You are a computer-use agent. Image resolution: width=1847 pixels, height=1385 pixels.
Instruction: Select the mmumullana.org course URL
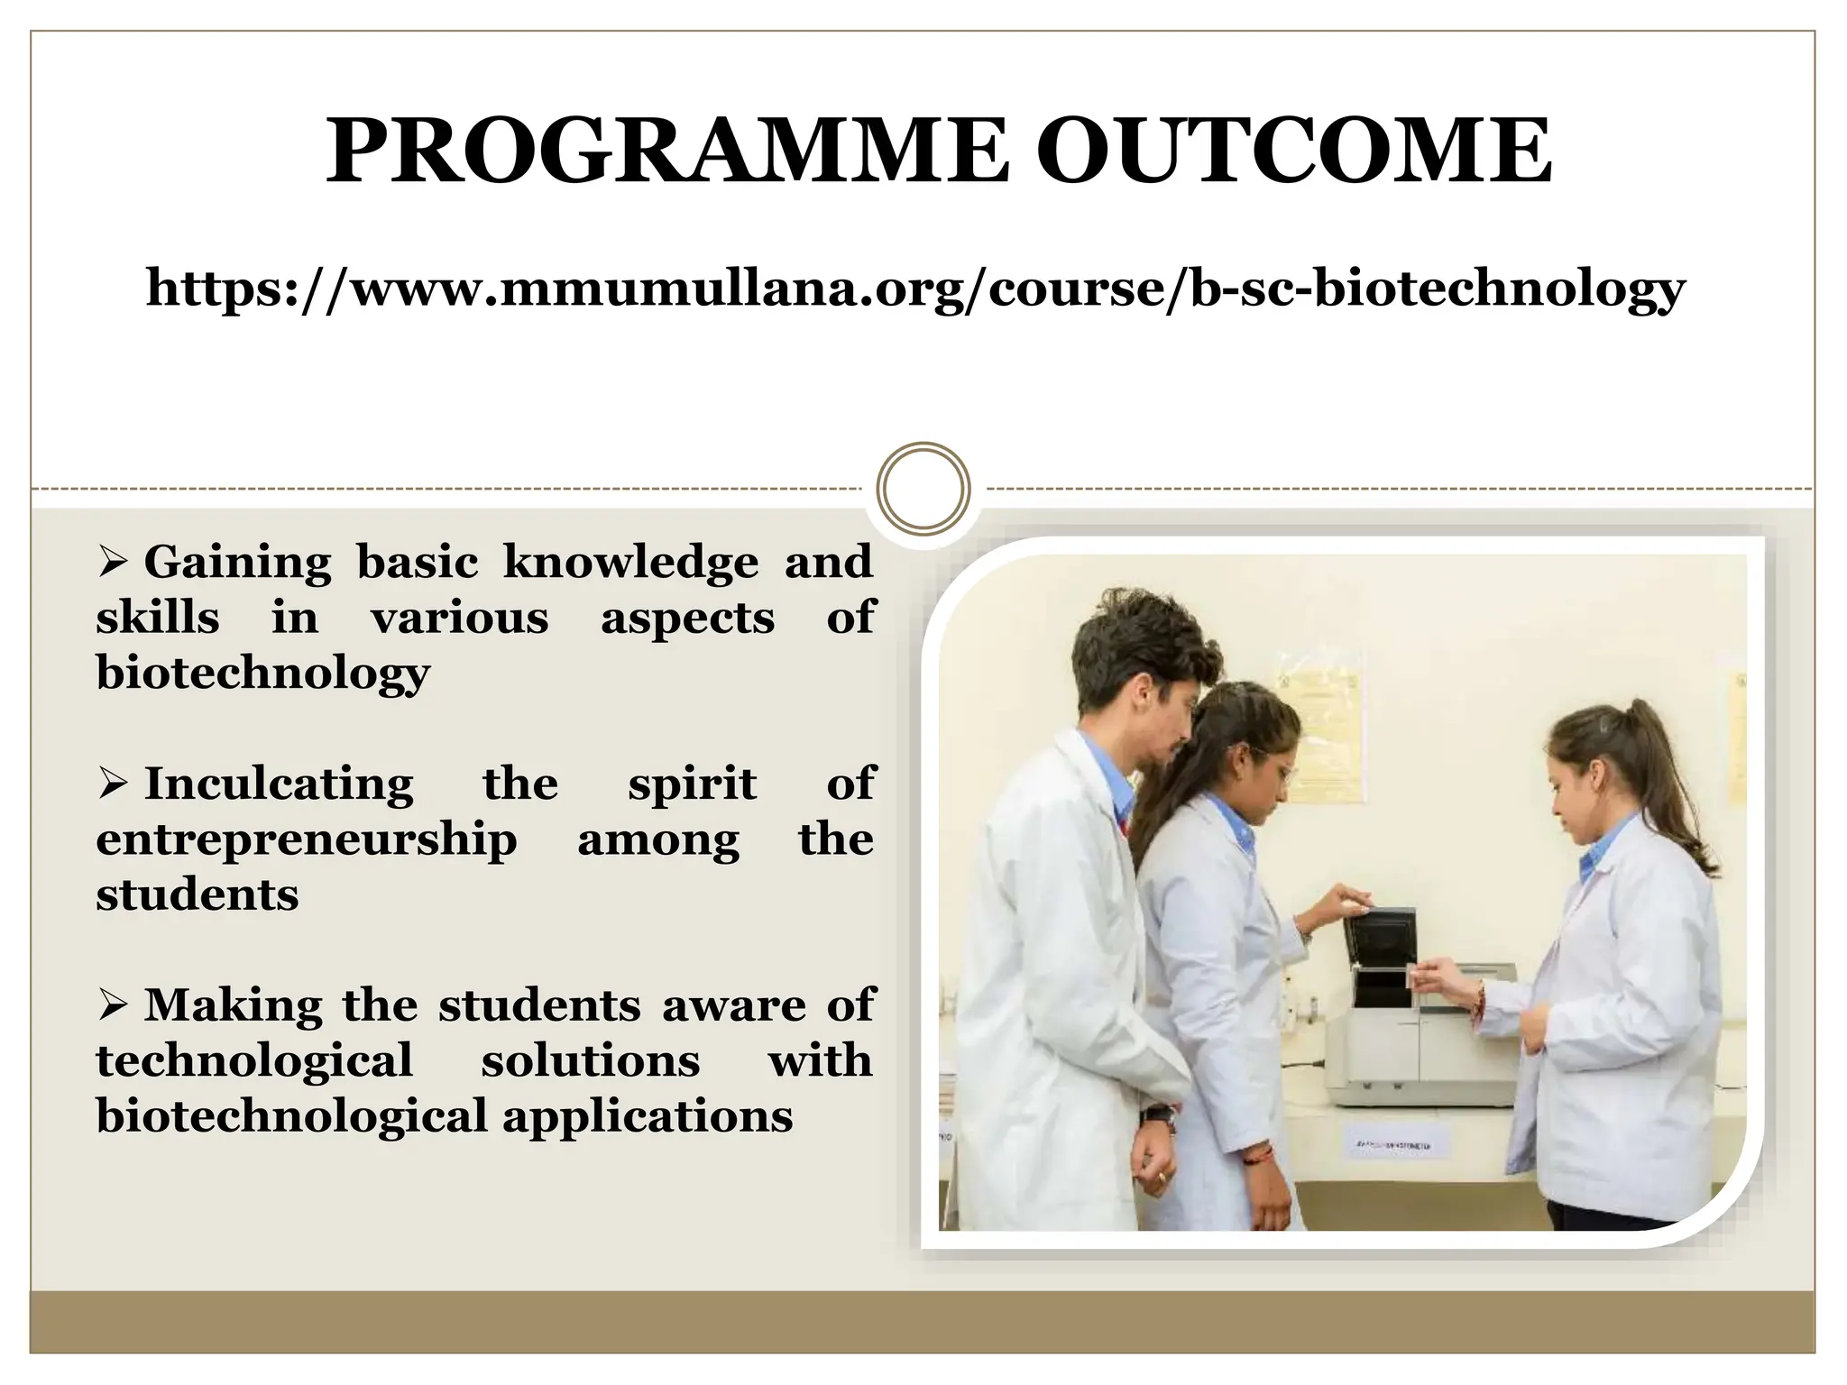pos(914,289)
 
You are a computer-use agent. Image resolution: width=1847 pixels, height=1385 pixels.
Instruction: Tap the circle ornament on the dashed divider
pos(923,489)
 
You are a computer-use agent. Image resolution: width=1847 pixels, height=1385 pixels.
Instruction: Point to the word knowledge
pos(630,563)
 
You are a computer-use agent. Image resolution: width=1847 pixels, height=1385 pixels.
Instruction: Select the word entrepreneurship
pos(307,840)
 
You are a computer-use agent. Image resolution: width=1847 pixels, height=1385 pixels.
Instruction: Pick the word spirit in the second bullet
pos(692,784)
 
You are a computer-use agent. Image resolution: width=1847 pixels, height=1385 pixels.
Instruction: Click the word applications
pos(648,1116)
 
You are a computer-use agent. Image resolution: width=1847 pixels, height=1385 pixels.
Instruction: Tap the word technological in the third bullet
pos(254,1061)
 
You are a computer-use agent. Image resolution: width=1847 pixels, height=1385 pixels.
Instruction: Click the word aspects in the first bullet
pos(687,619)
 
